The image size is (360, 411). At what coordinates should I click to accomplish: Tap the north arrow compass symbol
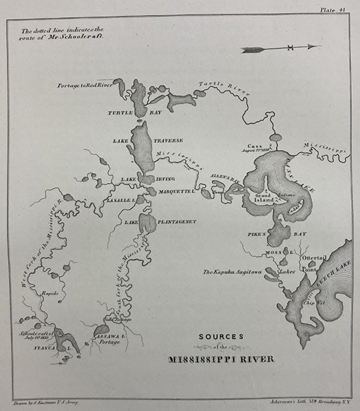280,47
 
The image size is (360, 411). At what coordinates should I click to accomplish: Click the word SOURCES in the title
221,336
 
